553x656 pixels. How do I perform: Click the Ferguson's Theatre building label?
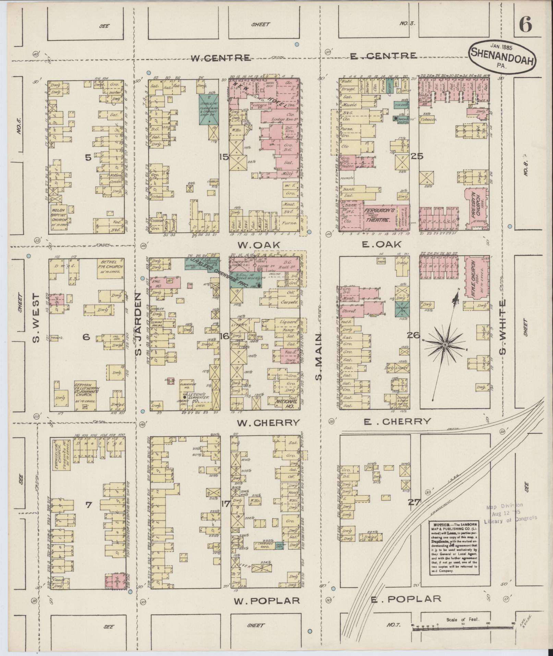click(377, 215)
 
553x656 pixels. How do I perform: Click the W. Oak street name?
click(259, 245)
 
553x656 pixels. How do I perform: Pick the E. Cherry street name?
click(397, 421)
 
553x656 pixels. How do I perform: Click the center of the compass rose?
click(445, 344)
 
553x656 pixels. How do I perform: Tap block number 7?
click(88, 504)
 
